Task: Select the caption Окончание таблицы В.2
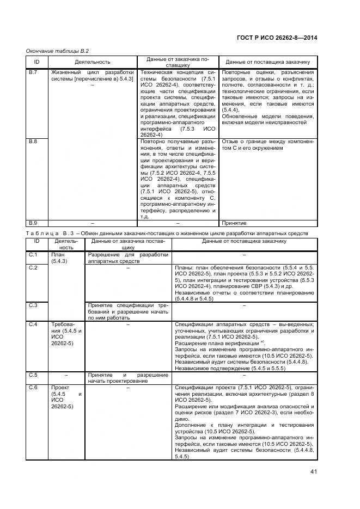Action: click(x=57, y=51)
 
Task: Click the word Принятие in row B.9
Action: click(x=234, y=223)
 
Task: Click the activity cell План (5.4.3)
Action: click(x=59, y=258)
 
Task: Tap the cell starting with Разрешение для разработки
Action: click(x=129, y=258)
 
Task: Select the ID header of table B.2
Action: click(x=37, y=62)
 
